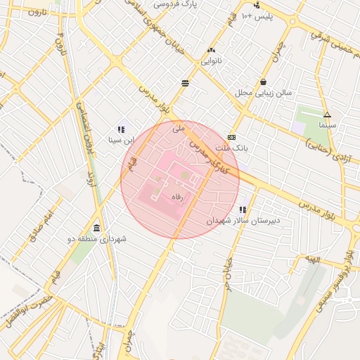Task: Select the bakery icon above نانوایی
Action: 211,51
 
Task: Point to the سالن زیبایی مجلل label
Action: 263,92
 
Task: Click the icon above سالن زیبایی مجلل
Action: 263,82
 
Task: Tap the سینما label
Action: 327,124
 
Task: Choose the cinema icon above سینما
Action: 327,114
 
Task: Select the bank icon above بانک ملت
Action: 231,138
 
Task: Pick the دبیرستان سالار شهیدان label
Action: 243,220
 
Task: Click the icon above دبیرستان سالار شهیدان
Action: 243,210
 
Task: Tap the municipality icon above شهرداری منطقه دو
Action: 96,229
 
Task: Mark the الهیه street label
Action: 311,259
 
